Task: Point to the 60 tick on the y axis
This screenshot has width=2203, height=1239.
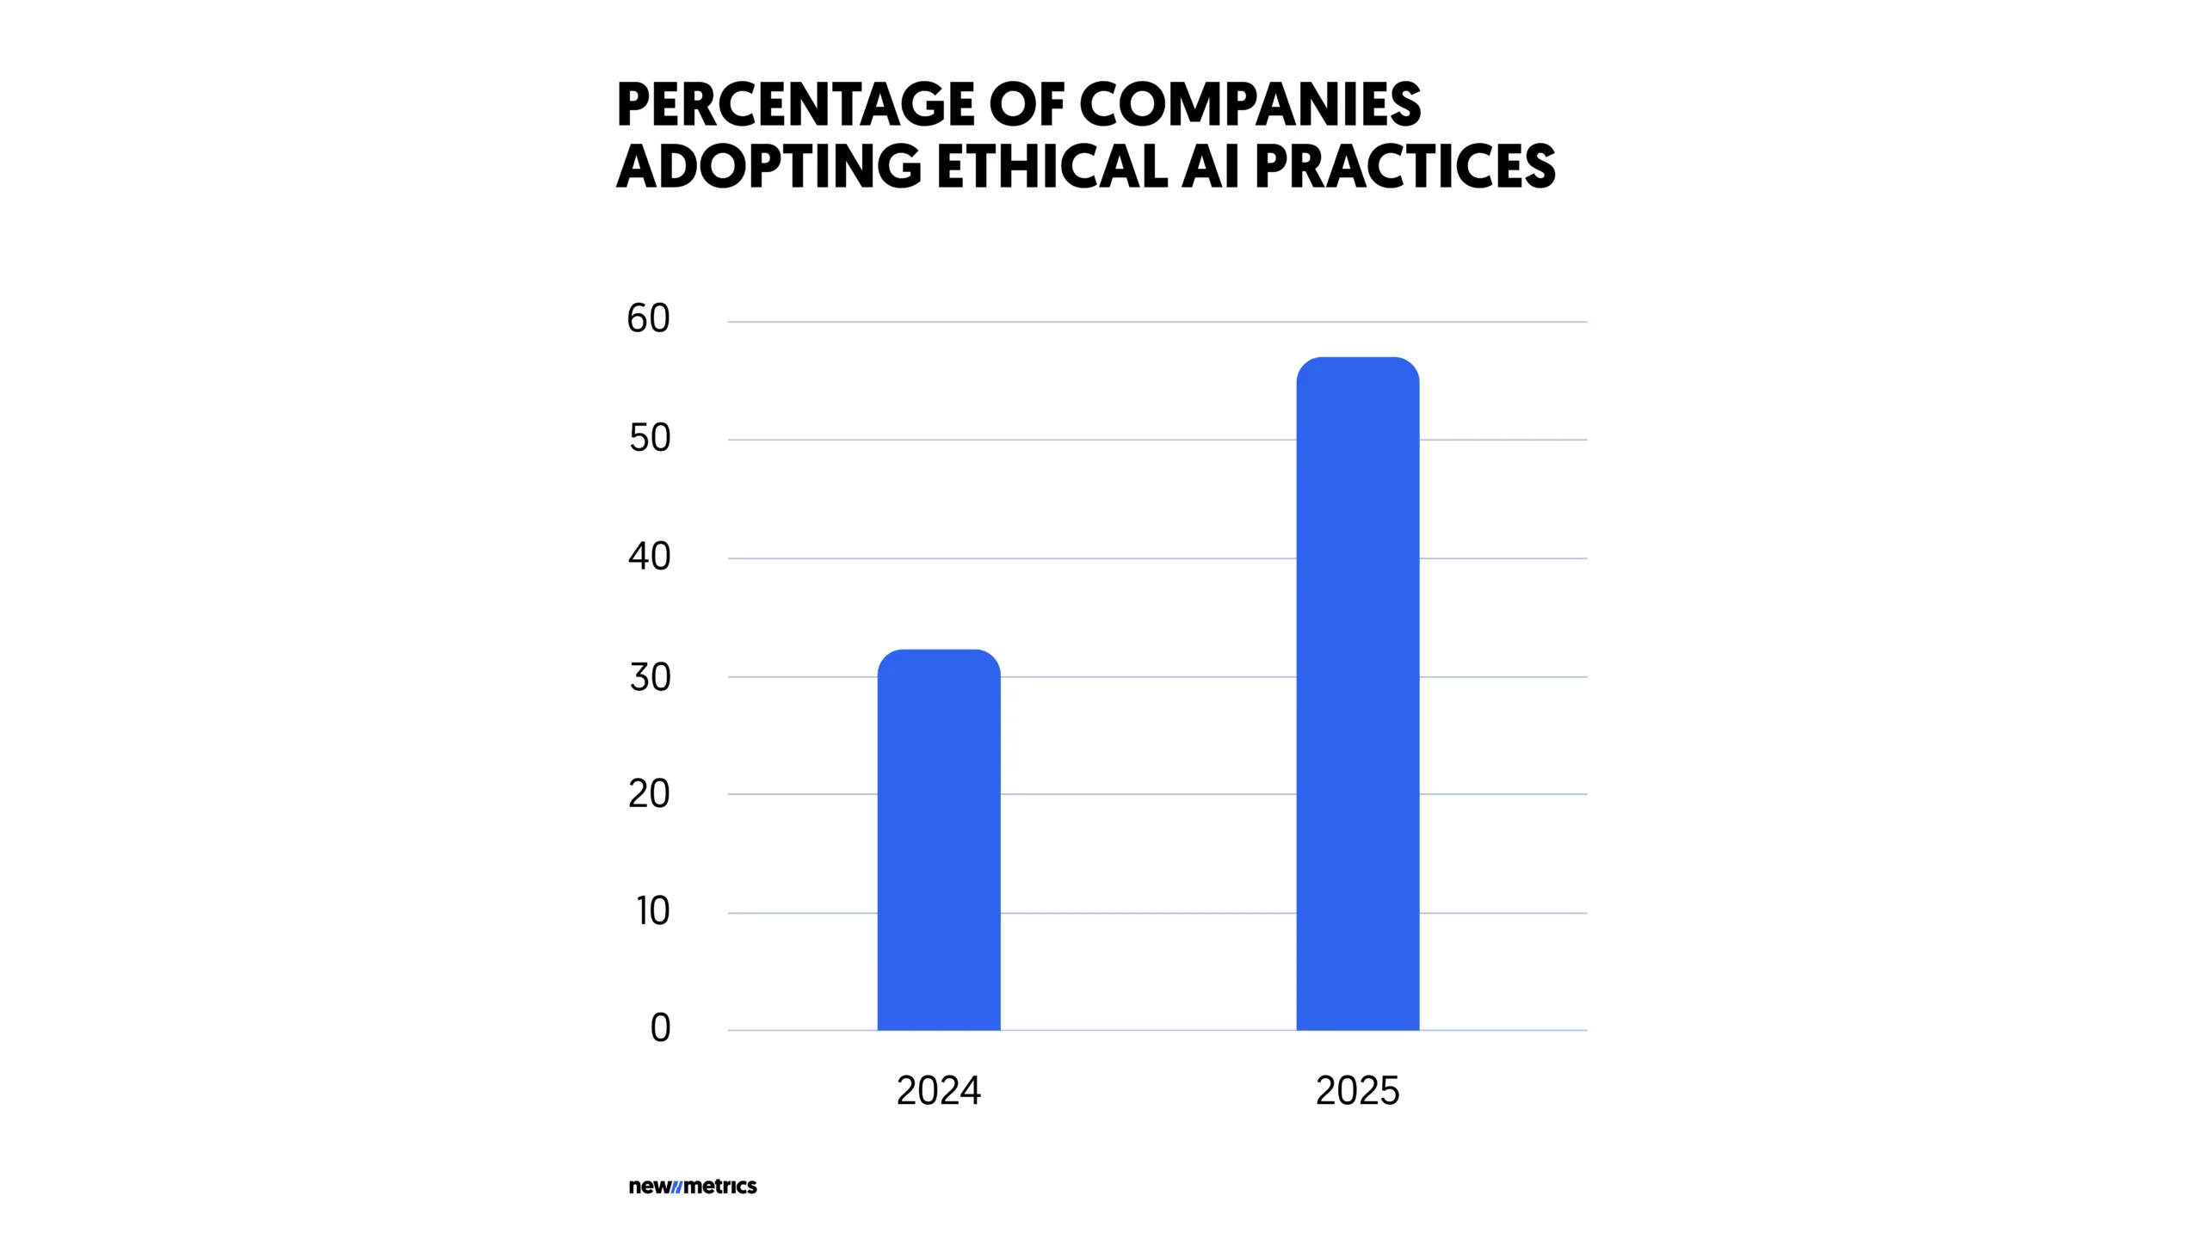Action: point(648,319)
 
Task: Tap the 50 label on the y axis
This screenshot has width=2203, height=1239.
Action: point(650,439)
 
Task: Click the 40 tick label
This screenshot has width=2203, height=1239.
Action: point(649,558)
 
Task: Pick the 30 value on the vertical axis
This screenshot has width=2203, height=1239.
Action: point(650,678)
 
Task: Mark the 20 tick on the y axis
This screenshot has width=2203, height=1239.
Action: point(649,794)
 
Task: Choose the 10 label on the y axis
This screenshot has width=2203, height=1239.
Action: point(652,912)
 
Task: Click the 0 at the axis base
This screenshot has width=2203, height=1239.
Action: point(660,1028)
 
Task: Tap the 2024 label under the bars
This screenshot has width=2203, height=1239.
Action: point(938,1091)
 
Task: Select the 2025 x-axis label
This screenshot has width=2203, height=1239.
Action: point(1357,1091)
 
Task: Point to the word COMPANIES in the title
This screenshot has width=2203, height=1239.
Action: point(1250,105)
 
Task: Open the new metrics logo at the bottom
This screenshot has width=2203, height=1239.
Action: point(693,1187)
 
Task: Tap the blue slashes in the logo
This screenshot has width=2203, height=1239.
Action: point(676,1187)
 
